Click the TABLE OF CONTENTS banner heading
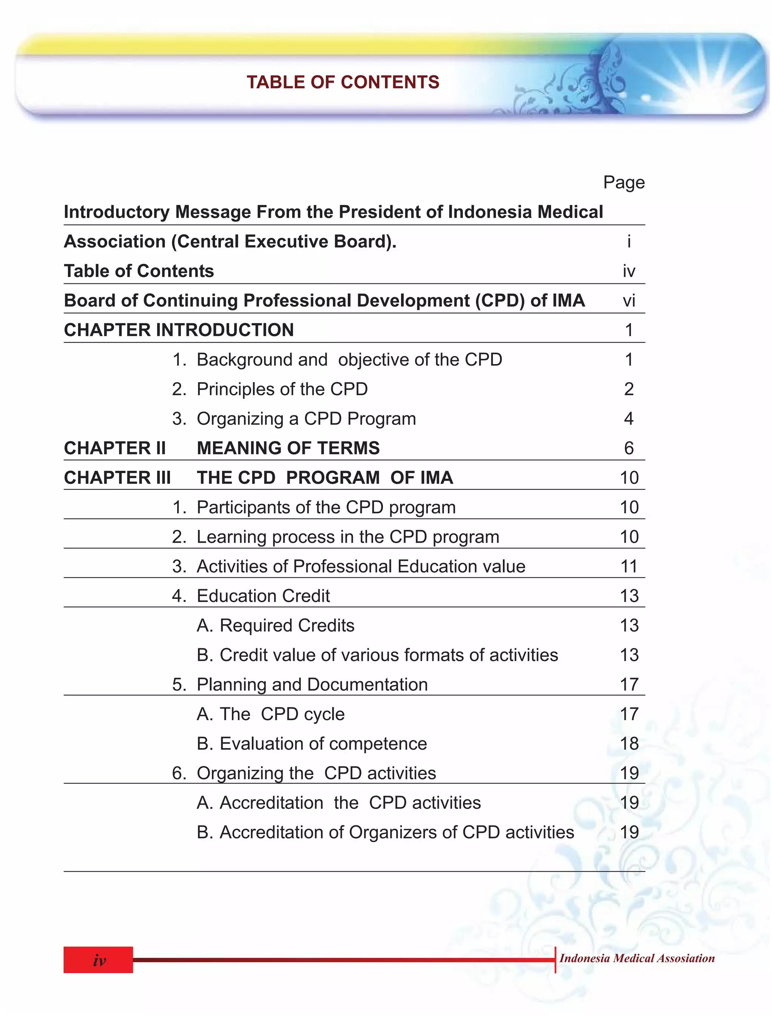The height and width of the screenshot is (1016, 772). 343,82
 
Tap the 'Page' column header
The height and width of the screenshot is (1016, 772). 623,182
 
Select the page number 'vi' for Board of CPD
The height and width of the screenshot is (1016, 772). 629,301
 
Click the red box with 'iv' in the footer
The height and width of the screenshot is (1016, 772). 98,959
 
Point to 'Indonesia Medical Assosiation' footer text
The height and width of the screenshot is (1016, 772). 636,958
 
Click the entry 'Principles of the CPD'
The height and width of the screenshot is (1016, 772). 282,389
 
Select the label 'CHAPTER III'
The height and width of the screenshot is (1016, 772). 117,478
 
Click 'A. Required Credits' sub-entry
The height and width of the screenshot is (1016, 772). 275,626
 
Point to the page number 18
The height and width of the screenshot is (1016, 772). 629,744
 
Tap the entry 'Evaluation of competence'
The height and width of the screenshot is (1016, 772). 323,744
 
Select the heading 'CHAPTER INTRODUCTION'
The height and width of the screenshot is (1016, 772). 179,330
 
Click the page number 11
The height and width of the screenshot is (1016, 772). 629,566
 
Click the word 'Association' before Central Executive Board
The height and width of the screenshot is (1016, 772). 115,242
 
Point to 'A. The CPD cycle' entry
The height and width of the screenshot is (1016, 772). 271,714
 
